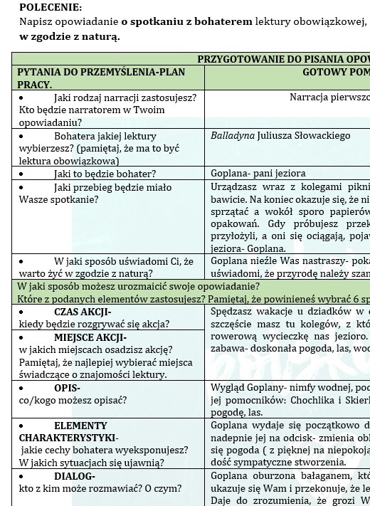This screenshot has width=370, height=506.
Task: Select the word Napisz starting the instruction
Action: tap(36, 21)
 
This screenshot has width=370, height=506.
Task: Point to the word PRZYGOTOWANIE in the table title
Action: tap(240, 58)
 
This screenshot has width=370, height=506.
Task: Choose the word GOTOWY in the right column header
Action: tap(322, 72)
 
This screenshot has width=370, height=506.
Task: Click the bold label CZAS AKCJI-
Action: tap(83, 312)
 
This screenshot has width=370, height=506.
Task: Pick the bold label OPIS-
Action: tap(68, 389)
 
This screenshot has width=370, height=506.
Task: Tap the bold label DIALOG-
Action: tap(75, 477)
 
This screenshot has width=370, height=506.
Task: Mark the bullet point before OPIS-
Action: tap(21, 389)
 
